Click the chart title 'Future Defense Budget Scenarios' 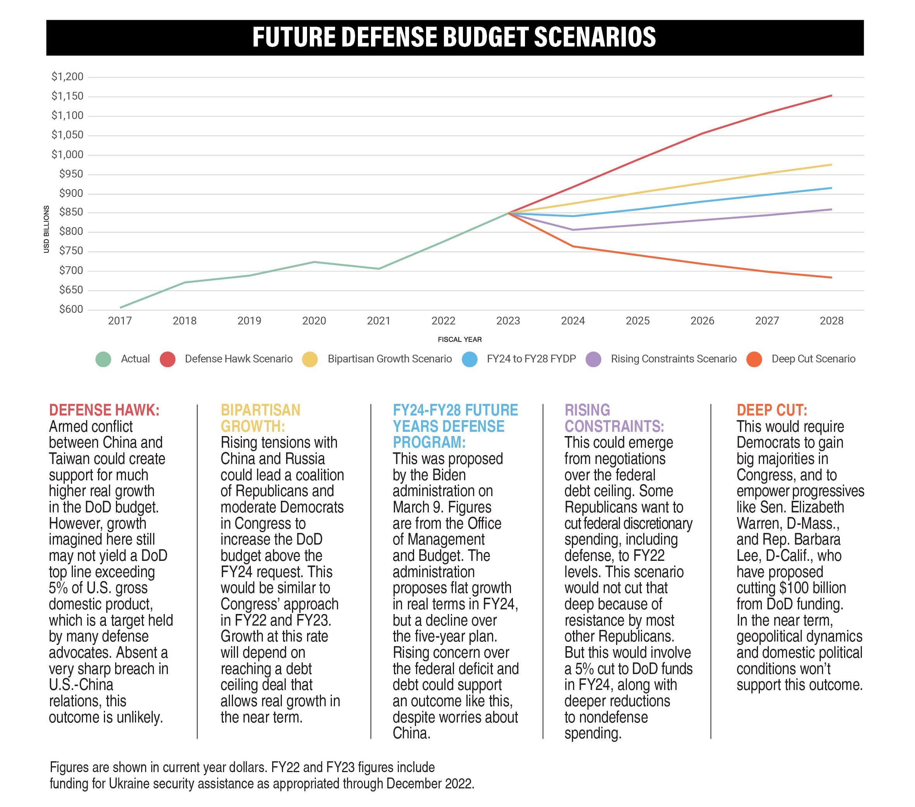click(454, 37)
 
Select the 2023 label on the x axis click(508, 321)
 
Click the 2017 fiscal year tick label click(120, 321)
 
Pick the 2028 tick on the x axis click(831, 321)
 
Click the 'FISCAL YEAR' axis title click(460, 339)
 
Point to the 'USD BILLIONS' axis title click(46, 229)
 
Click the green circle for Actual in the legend click(104, 359)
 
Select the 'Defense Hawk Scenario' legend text click(238, 359)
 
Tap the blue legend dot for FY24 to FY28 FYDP click(470, 359)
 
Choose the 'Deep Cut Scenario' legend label click(813, 359)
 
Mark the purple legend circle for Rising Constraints click(594, 359)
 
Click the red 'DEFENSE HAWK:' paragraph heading click(104, 410)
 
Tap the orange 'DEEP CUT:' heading click(772, 410)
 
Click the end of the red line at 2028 click(831, 96)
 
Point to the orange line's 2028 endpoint click(831, 278)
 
